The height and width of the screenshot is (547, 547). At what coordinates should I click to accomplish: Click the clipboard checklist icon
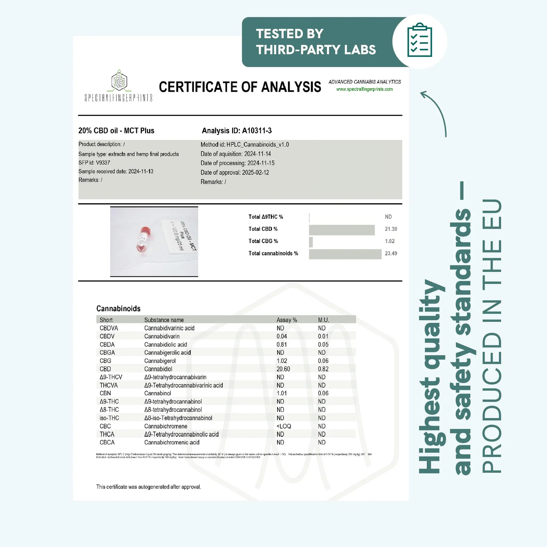tap(419, 41)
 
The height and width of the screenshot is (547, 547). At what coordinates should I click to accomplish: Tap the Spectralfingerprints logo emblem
tap(119, 80)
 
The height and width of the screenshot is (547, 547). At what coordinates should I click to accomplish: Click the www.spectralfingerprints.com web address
tap(364, 89)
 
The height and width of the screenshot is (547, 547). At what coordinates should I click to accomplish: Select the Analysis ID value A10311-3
tap(257, 131)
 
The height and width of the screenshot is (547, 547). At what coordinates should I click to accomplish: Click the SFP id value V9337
tap(103, 163)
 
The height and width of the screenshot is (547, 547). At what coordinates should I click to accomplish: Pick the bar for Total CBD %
tap(341, 229)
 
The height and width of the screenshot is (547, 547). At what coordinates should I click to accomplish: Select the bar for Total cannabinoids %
tap(345, 254)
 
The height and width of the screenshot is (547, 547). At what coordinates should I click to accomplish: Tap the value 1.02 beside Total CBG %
tap(390, 242)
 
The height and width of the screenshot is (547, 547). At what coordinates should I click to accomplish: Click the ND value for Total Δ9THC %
tap(388, 217)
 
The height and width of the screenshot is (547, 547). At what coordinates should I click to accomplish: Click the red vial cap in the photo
tap(145, 231)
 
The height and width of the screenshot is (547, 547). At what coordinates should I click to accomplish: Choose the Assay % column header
tap(287, 320)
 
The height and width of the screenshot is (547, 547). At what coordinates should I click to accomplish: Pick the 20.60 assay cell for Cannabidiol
tap(283, 369)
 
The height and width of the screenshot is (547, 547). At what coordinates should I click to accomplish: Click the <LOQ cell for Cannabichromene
tap(284, 426)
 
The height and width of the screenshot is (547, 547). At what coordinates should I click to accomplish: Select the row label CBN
tap(105, 393)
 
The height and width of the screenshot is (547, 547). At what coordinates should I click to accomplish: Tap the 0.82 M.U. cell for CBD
tap(323, 369)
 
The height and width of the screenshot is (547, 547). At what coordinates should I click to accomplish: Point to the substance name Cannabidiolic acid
tap(165, 344)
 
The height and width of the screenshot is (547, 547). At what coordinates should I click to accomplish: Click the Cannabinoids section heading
tap(118, 309)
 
